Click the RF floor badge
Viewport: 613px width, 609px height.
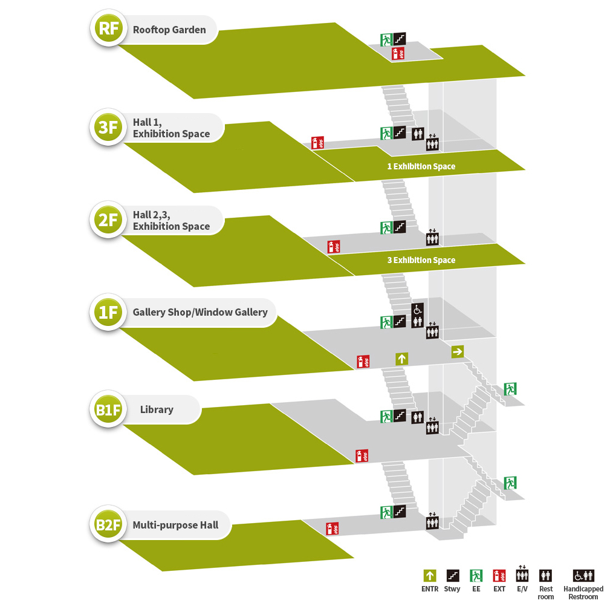click(x=108, y=29)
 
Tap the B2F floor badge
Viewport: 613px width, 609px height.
click(x=108, y=524)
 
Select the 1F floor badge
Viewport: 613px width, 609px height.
click(x=108, y=312)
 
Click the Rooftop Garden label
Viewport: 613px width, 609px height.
click(x=169, y=30)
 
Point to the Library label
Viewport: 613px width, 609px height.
click(x=157, y=409)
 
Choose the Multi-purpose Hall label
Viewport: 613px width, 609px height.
click(x=175, y=524)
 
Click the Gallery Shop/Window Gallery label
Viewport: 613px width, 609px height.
click(x=200, y=312)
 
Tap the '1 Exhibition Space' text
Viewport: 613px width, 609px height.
click(x=421, y=166)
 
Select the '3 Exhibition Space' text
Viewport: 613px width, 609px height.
click(x=421, y=260)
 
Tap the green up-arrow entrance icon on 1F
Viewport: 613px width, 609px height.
click(x=401, y=359)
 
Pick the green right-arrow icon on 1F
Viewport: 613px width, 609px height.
click(x=457, y=351)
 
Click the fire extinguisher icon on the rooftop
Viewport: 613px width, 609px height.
click(x=398, y=53)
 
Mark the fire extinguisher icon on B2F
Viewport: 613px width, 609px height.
click(x=332, y=529)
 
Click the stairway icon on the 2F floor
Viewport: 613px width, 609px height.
click(x=399, y=227)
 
